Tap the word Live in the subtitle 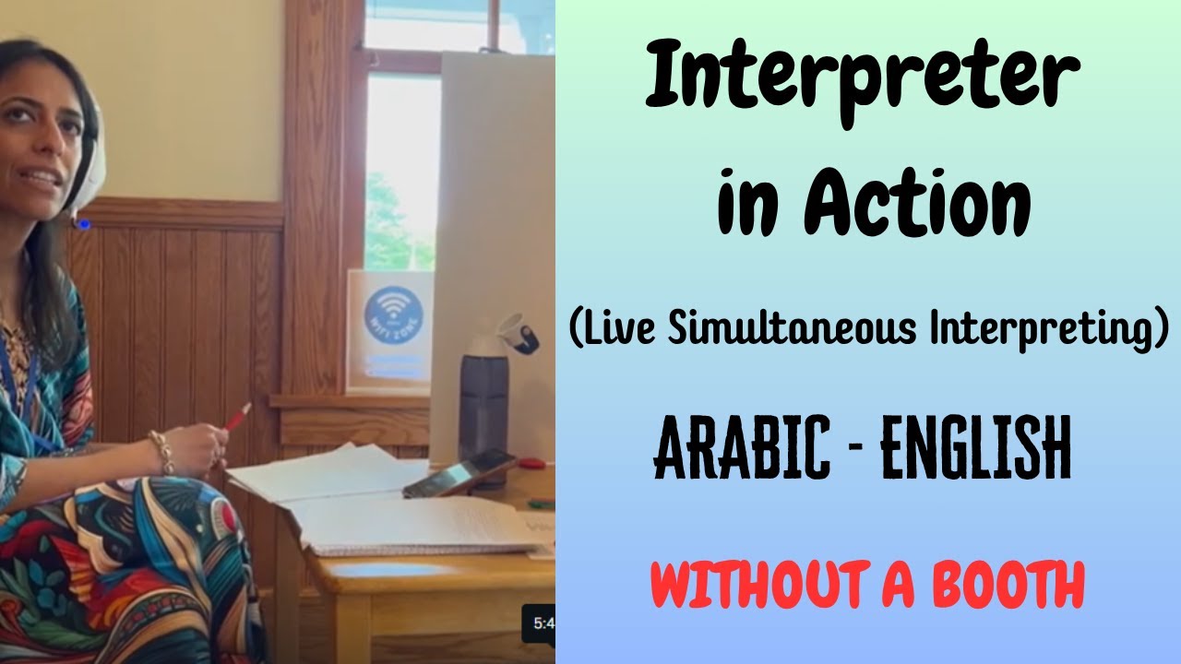615,330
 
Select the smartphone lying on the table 459,473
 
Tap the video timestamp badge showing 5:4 539,623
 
